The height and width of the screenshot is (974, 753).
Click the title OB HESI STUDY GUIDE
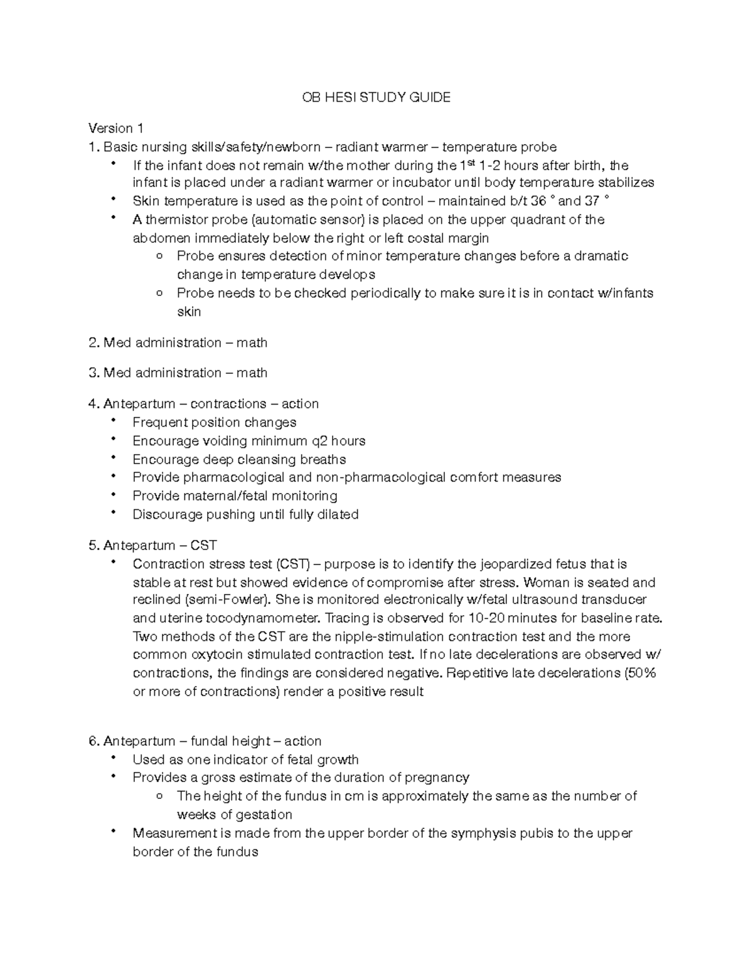pyautogui.click(x=376, y=97)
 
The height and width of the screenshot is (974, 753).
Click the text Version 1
pyautogui.click(x=116, y=129)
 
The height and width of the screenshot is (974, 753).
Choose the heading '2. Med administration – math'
pyautogui.click(x=178, y=342)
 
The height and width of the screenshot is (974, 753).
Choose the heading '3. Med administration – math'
pyautogui.click(x=178, y=373)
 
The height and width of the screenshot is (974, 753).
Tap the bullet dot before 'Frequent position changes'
pyautogui.click(x=113, y=420)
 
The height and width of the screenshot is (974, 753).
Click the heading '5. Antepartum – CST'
pyautogui.click(x=153, y=545)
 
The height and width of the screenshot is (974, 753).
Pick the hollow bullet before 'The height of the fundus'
pyautogui.click(x=161, y=797)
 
